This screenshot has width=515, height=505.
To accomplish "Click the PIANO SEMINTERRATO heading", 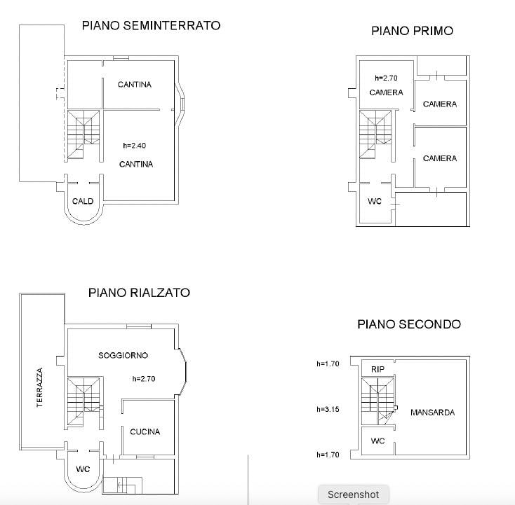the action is (151, 26).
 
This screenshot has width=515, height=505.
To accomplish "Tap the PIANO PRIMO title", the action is (412, 31).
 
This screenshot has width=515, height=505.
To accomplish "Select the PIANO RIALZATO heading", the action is (139, 293).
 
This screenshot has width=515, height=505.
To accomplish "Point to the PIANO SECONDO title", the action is (409, 324).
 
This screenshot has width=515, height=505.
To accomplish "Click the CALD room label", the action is (83, 201).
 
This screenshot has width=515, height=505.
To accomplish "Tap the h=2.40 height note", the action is (134, 145).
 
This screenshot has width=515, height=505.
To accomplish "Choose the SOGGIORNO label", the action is (123, 355).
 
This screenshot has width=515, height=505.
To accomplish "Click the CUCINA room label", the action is (145, 431).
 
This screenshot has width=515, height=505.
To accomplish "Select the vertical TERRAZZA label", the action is (40, 387).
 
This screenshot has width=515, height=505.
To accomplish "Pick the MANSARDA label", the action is (433, 413).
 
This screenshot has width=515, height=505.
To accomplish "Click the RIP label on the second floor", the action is (377, 369).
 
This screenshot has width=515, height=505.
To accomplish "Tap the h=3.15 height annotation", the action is (328, 409).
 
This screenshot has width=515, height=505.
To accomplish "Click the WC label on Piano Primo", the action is (375, 201).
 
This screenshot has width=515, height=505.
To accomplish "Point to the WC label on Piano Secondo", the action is (377, 441).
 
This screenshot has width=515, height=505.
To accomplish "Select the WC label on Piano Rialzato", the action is (83, 469).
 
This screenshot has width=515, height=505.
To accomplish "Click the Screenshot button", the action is (354, 494).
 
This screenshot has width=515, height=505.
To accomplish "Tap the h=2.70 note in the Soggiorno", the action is (144, 379).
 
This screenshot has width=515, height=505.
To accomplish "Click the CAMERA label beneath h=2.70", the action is (386, 92).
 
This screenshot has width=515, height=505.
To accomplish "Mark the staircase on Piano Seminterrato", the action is (83, 135).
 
